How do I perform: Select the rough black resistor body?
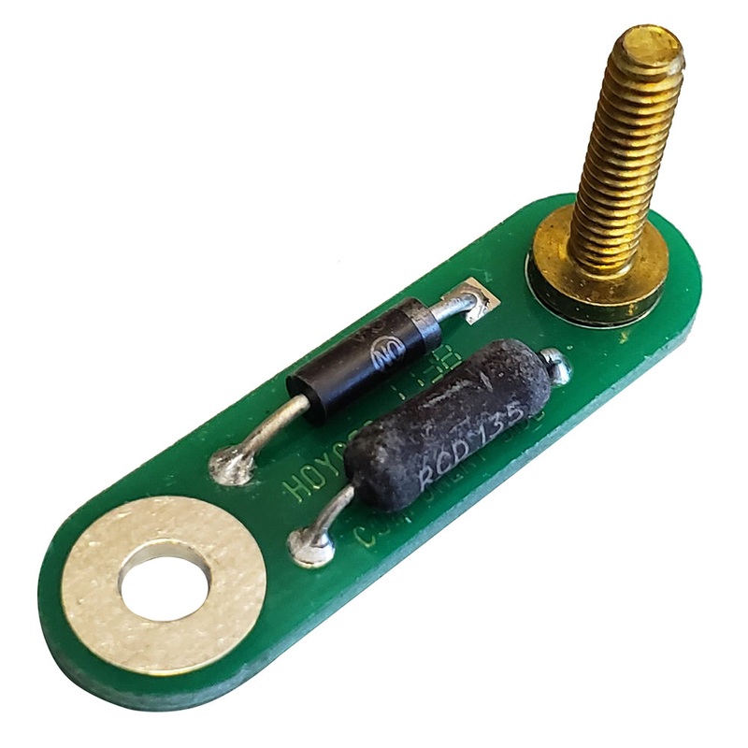449,421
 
